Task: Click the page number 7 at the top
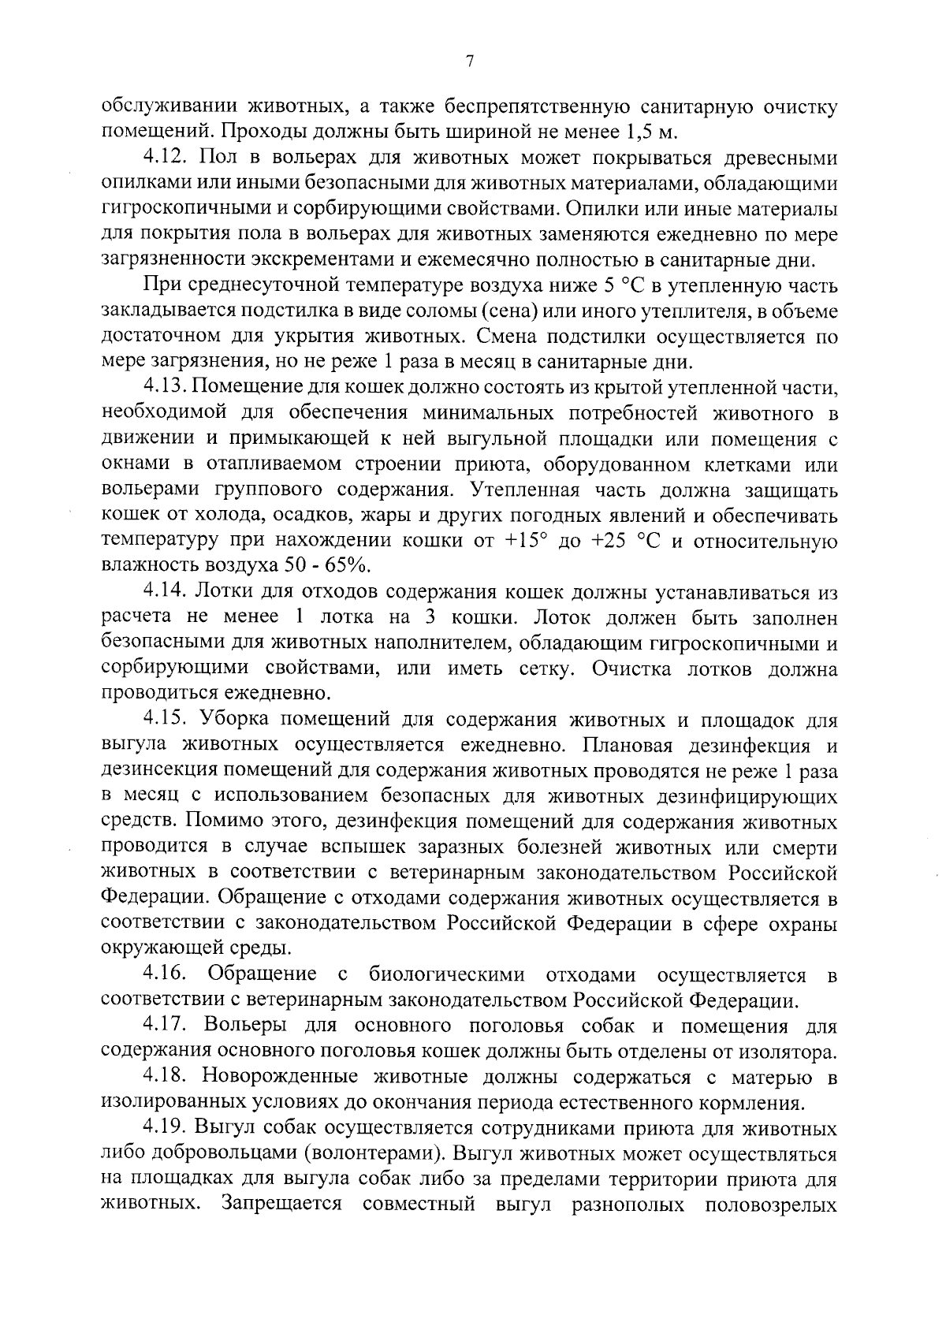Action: coord(470,62)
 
